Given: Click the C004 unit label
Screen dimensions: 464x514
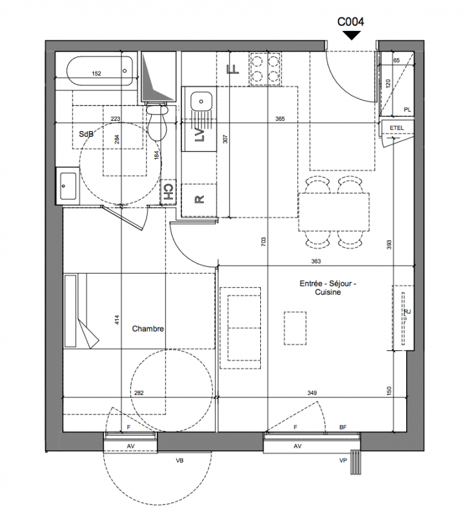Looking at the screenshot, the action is click(350, 22).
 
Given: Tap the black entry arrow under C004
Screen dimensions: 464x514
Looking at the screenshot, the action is click(351, 35).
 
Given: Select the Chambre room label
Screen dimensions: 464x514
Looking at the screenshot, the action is click(148, 328).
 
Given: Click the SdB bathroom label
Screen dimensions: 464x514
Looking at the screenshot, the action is click(86, 134).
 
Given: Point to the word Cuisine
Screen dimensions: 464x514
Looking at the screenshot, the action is click(328, 292).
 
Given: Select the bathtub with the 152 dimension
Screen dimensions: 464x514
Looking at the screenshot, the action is click(100, 71).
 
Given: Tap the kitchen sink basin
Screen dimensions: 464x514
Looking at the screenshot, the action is click(201, 102).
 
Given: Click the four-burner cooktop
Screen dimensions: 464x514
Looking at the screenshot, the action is click(265, 69).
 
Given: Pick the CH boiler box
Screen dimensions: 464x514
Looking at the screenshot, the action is click(168, 192).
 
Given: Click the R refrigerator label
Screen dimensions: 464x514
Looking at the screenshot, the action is click(199, 199).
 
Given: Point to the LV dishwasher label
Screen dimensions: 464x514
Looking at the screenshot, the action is click(199, 134).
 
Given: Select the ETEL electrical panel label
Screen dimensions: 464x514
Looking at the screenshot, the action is click(397, 128).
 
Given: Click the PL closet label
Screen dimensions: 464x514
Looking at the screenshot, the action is click(407, 110).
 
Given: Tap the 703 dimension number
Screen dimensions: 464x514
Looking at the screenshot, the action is click(264, 242).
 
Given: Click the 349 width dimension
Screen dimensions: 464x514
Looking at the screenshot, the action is click(312, 393).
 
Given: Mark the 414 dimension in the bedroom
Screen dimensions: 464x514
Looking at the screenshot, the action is click(118, 319).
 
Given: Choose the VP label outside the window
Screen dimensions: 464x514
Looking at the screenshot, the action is click(343, 461).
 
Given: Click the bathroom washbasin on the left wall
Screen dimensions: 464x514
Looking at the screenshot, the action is click(68, 186).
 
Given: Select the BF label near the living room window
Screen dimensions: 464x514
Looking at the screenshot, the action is click(343, 427).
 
